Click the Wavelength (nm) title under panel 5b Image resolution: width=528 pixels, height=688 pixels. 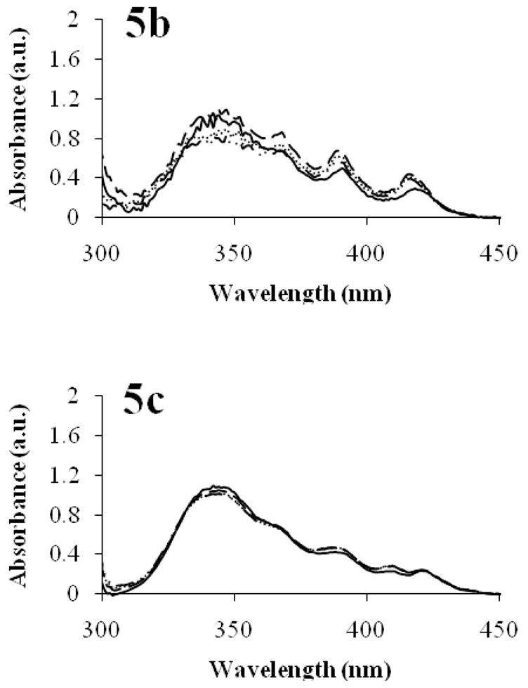click(x=301, y=293)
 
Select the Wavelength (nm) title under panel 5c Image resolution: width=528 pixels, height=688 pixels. click(x=301, y=669)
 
